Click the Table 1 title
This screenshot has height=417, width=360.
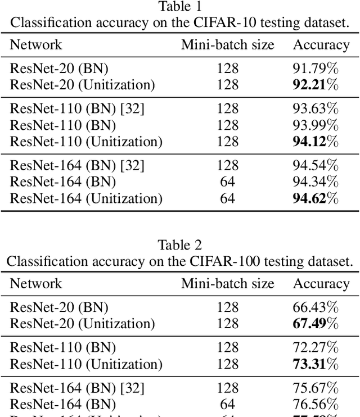click(x=180, y=7)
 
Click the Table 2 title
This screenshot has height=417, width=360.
click(x=180, y=245)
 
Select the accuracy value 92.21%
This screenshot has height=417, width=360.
click(x=316, y=85)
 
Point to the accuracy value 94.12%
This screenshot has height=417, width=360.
click(x=316, y=142)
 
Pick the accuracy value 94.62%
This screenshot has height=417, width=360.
click(x=316, y=198)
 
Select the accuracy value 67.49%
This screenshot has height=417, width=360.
click(x=316, y=324)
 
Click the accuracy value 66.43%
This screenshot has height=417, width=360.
click(x=316, y=307)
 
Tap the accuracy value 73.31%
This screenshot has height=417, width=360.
click(x=316, y=364)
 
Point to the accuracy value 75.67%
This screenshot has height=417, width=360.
click(x=316, y=388)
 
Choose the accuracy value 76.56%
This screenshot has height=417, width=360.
click(x=316, y=404)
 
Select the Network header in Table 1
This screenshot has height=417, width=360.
click(x=36, y=45)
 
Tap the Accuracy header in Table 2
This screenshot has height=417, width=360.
click(x=321, y=284)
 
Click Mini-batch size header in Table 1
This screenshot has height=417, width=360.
click(x=227, y=45)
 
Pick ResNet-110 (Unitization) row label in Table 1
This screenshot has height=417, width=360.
click(x=86, y=142)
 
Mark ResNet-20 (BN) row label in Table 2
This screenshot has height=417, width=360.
click(x=59, y=307)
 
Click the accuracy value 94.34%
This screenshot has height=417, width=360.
click(x=316, y=182)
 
